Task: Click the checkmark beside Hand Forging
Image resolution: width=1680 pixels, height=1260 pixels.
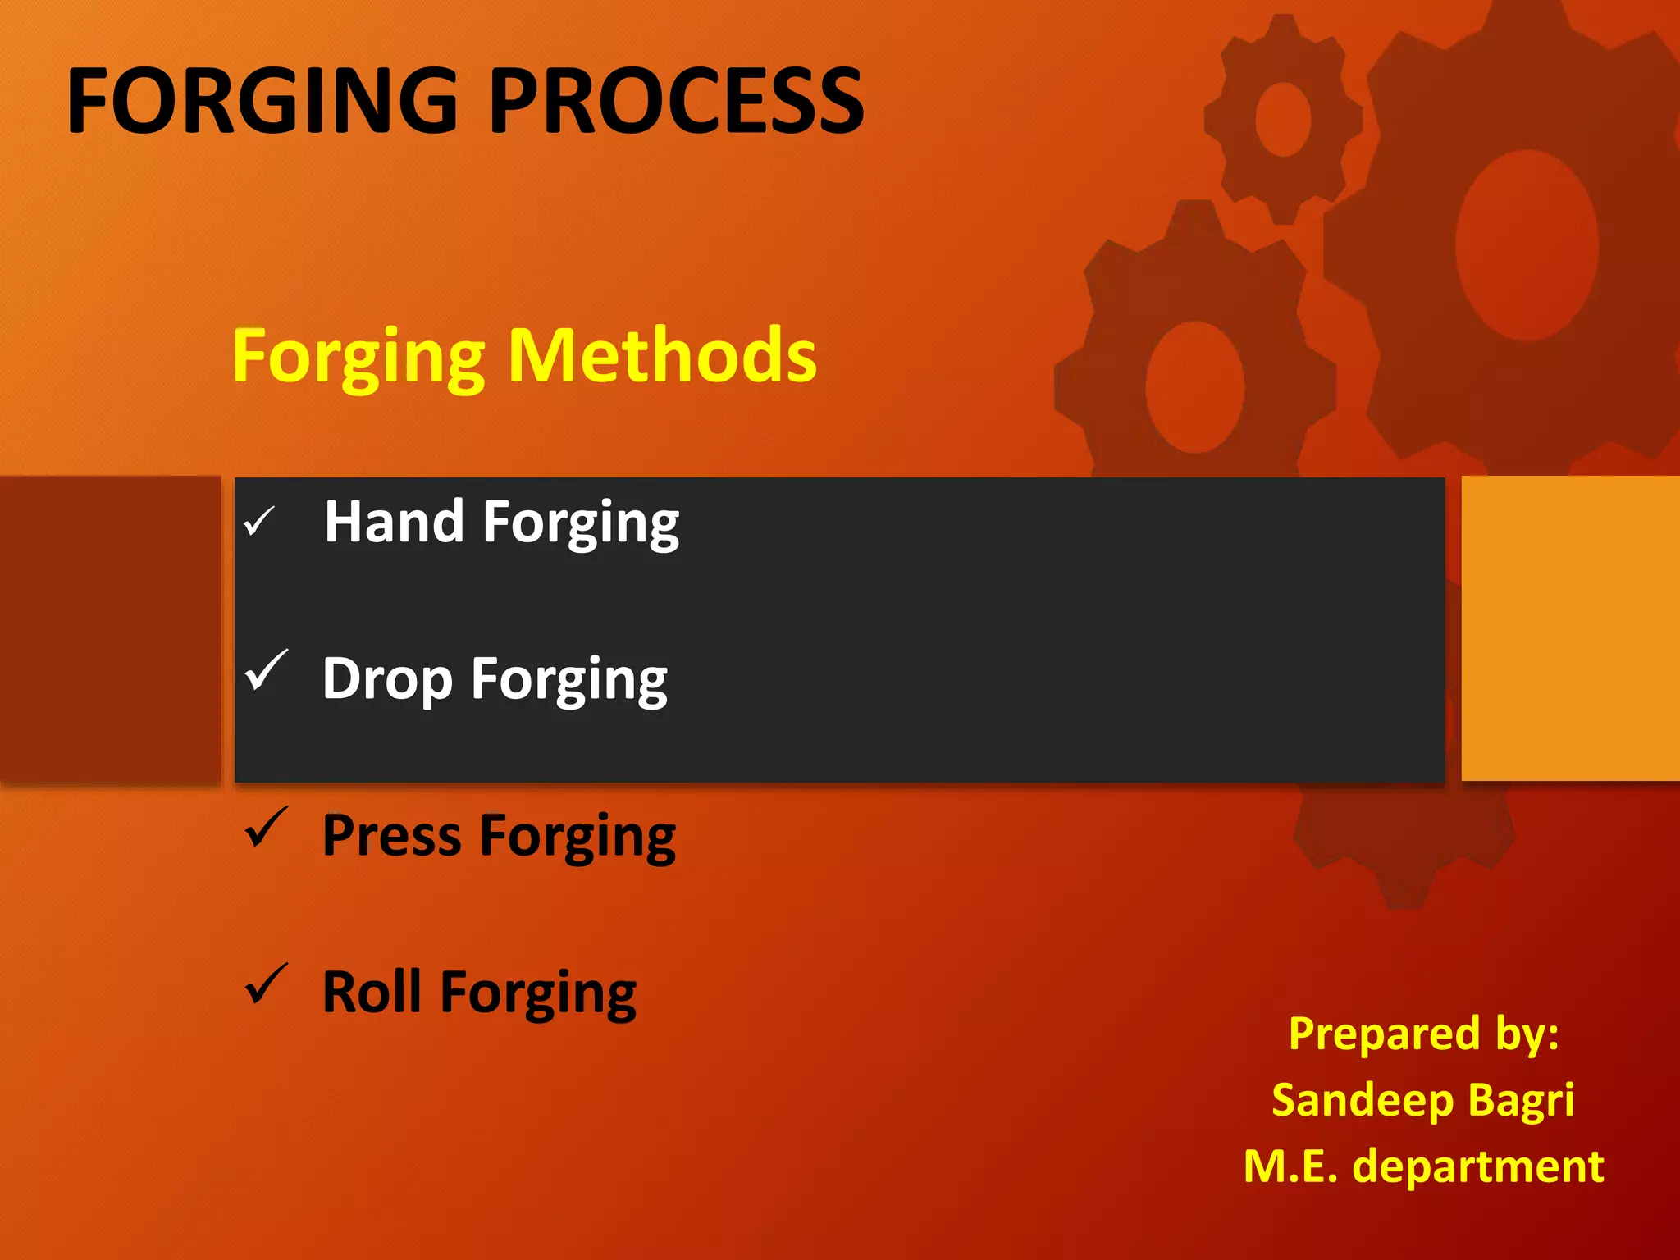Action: (x=258, y=521)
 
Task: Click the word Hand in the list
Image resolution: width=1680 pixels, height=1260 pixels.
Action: (x=394, y=522)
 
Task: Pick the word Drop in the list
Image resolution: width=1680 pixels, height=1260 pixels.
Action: (x=387, y=679)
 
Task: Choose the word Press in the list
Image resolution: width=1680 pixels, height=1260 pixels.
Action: (x=391, y=836)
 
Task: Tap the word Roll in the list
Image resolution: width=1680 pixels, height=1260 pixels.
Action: (x=372, y=993)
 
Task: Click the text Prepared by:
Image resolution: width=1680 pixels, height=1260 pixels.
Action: (x=1423, y=1034)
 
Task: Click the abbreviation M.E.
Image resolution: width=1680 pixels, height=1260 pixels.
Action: (x=1290, y=1166)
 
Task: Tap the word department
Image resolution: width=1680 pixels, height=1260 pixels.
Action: (x=1477, y=1167)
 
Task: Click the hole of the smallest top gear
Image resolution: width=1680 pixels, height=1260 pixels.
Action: (x=1283, y=120)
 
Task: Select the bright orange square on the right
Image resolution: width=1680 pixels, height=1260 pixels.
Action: (x=1569, y=628)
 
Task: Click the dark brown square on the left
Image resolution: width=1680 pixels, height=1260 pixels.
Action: (x=110, y=628)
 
